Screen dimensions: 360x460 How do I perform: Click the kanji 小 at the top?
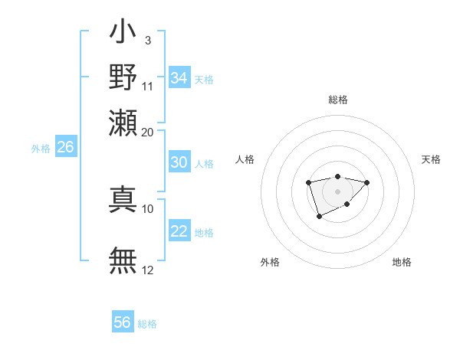click(123, 34)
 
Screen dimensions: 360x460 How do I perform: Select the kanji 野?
click(123, 78)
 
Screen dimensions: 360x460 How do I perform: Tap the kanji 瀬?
click(123, 123)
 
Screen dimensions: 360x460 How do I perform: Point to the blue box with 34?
click(179, 78)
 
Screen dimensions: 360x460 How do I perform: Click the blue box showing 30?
click(179, 162)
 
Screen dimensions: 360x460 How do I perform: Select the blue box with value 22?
click(179, 231)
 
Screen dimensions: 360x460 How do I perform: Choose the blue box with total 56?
click(123, 322)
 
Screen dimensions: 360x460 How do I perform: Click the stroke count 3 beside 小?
click(147, 39)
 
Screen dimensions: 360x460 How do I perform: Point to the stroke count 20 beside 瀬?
click(148, 131)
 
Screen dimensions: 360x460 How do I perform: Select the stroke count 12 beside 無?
click(148, 269)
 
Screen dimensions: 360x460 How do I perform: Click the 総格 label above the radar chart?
click(337, 100)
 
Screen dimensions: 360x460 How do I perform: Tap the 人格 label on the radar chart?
click(245, 159)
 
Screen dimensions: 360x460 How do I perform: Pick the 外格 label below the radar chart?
click(270, 263)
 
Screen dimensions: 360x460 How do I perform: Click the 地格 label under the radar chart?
click(402, 263)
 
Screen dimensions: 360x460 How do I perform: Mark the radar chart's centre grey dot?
click(337, 191)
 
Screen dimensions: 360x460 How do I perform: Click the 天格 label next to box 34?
click(204, 79)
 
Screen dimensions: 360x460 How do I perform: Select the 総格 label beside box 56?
click(147, 324)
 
